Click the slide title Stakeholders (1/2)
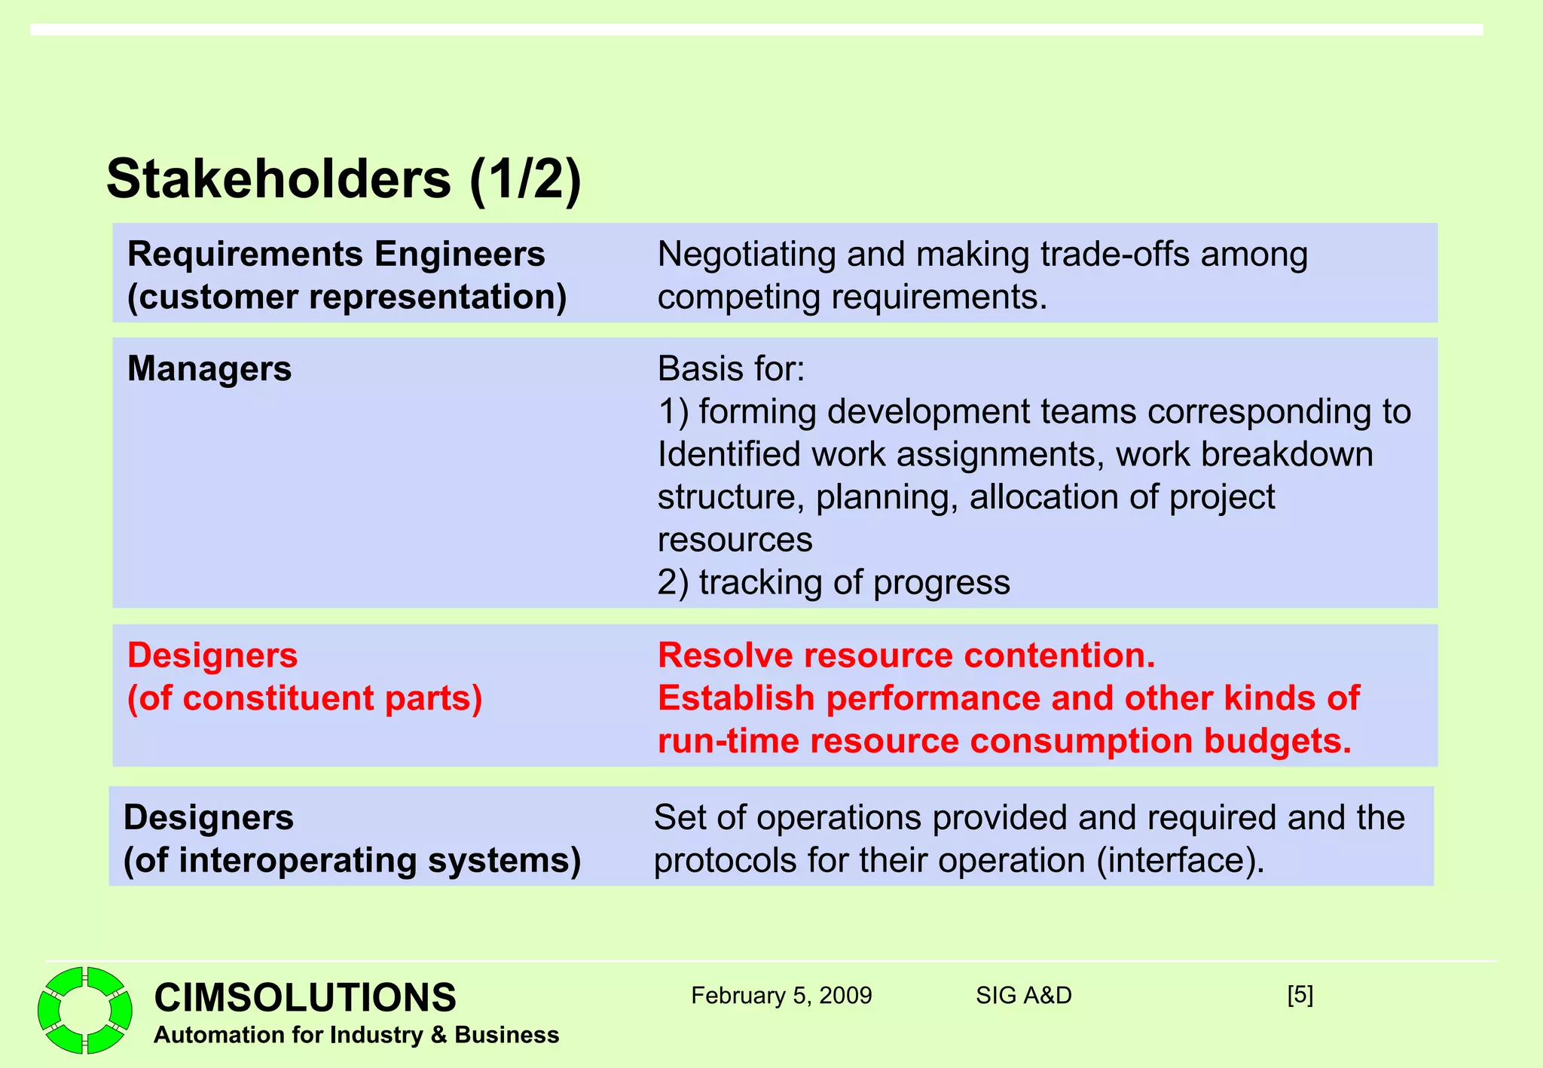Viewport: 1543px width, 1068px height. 344,179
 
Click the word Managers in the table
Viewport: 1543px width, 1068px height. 209,369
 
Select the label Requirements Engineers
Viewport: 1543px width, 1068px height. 336,254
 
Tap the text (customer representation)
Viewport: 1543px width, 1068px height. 347,297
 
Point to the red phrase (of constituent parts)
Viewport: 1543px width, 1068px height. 304,698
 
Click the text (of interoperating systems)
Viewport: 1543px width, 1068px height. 352,860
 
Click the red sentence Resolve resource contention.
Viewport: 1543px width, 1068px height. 906,655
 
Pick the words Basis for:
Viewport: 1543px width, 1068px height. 731,369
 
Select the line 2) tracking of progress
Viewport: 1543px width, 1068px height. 833,582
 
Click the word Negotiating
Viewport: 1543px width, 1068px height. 746,255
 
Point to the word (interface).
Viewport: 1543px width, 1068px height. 1181,860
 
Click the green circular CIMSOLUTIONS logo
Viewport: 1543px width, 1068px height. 85,1009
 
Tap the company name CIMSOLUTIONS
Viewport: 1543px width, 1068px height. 305,997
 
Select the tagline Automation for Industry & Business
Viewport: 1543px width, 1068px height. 356,1035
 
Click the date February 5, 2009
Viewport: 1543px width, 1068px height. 781,996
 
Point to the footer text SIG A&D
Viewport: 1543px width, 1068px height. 1023,996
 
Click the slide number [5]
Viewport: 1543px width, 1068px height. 1300,995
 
